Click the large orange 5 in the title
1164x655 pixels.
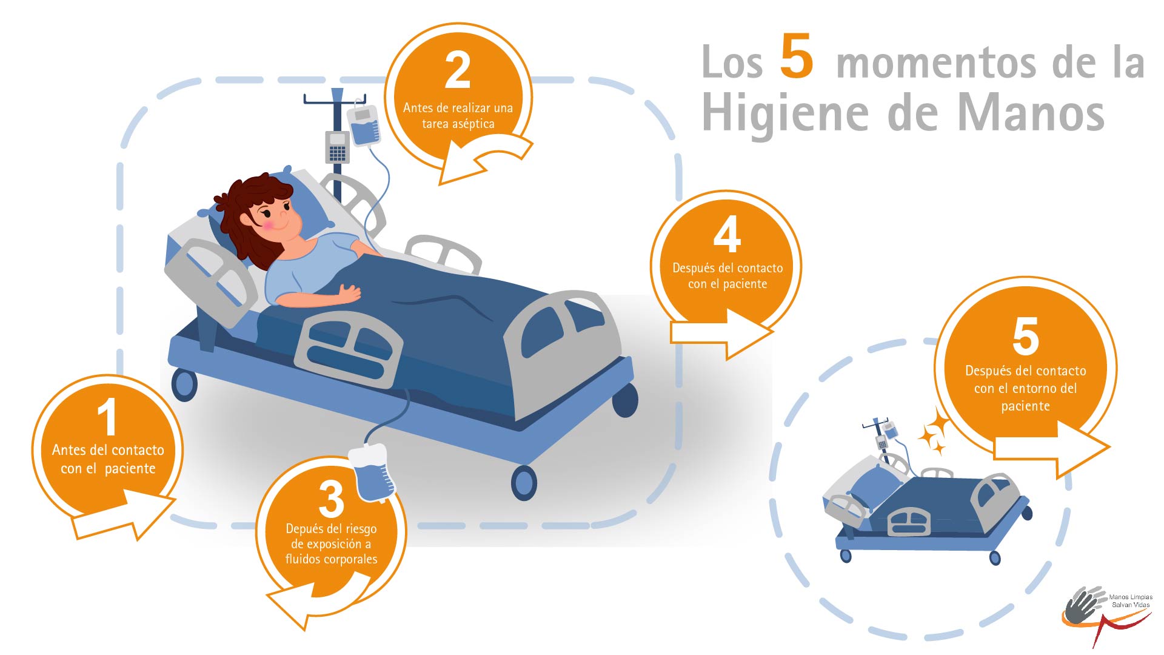pyautogui.click(x=796, y=56)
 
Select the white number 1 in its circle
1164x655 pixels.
pyautogui.click(x=107, y=417)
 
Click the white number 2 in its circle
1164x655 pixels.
pyautogui.click(x=458, y=70)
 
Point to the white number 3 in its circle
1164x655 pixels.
pyautogui.click(x=331, y=499)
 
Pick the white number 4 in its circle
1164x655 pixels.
pyautogui.click(x=727, y=235)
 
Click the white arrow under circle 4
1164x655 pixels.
pyautogui.click(x=721, y=334)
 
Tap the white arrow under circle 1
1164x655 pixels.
pyautogui.click(x=124, y=515)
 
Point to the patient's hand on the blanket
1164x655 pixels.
pyautogui.click(x=349, y=294)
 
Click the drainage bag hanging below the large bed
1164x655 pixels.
pyautogui.click(x=372, y=473)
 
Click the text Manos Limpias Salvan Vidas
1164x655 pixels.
pyautogui.click(x=1131, y=601)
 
